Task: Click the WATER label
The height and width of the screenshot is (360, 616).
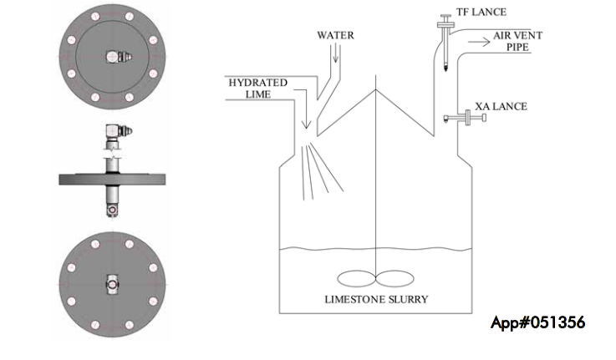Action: (336, 36)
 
